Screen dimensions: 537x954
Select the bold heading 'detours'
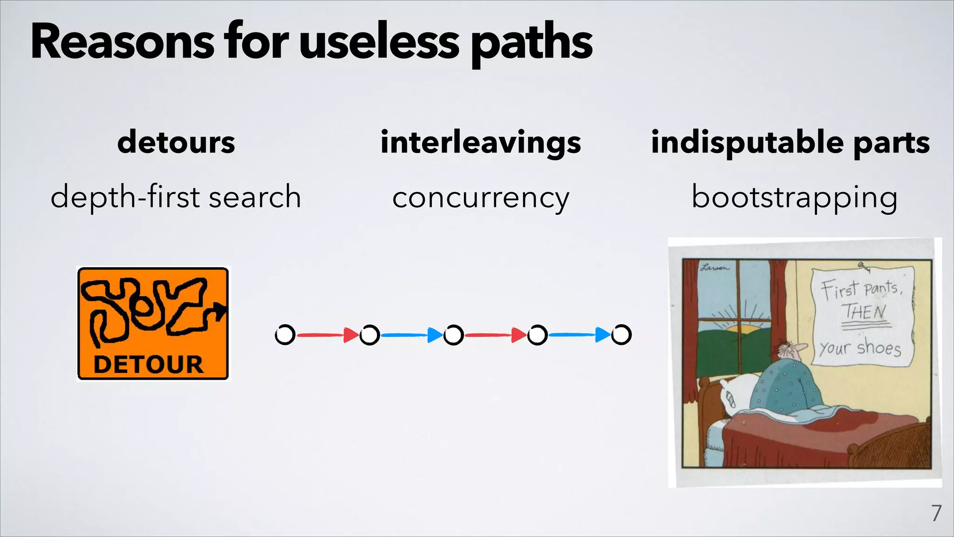(x=176, y=142)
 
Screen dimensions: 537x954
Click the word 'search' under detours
(x=254, y=197)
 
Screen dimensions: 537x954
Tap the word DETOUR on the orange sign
(x=149, y=365)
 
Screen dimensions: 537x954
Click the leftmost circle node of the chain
(x=285, y=335)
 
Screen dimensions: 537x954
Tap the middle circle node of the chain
(x=453, y=335)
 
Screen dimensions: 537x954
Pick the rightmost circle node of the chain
(x=621, y=335)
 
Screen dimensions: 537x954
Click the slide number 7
(x=936, y=513)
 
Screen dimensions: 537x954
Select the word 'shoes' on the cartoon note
(x=879, y=347)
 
